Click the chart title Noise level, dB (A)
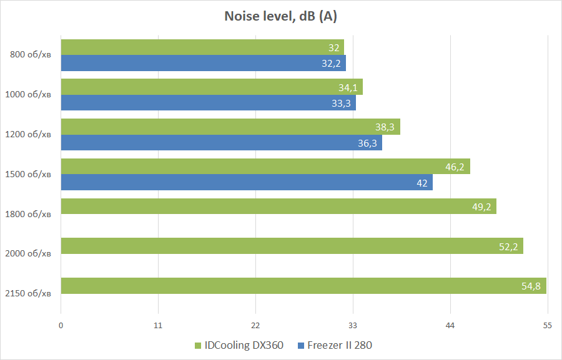coord(280,17)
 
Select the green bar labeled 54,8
coord(303,286)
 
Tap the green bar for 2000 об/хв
coord(292,246)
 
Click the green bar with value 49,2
coord(279,206)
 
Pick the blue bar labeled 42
coord(247,182)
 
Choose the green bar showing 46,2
coord(265,167)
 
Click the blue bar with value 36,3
coord(221,143)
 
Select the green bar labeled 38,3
coord(230,127)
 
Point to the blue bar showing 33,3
coord(208,103)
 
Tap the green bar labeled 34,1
coord(212,87)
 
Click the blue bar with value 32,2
coord(203,63)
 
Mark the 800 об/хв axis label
coord(31,55)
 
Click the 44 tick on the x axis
coord(450,325)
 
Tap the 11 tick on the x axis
coord(158,325)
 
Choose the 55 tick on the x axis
coord(548,325)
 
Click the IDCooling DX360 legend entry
coord(239,345)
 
